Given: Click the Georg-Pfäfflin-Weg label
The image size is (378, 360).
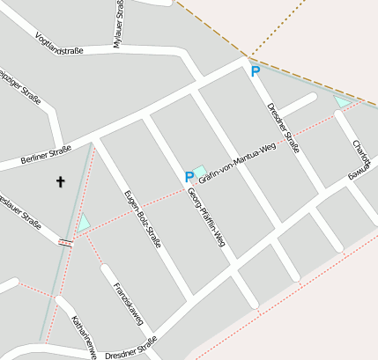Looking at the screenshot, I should [x=207, y=217].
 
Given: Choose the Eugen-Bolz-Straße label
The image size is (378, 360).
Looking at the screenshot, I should [x=142, y=217].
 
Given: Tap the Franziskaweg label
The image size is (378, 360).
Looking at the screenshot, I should [x=127, y=304].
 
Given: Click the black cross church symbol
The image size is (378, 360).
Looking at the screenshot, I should [x=61, y=182].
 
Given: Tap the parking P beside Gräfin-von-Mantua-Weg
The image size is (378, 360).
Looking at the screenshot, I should [x=189, y=177].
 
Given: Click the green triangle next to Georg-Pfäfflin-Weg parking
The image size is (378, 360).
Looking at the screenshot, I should [x=199, y=171].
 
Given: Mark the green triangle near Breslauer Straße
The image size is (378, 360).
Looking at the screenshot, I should [x=84, y=224].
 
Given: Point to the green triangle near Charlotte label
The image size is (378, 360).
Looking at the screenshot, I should [x=342, y=102].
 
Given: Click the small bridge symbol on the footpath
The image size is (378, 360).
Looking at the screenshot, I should [x=64, y=242].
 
